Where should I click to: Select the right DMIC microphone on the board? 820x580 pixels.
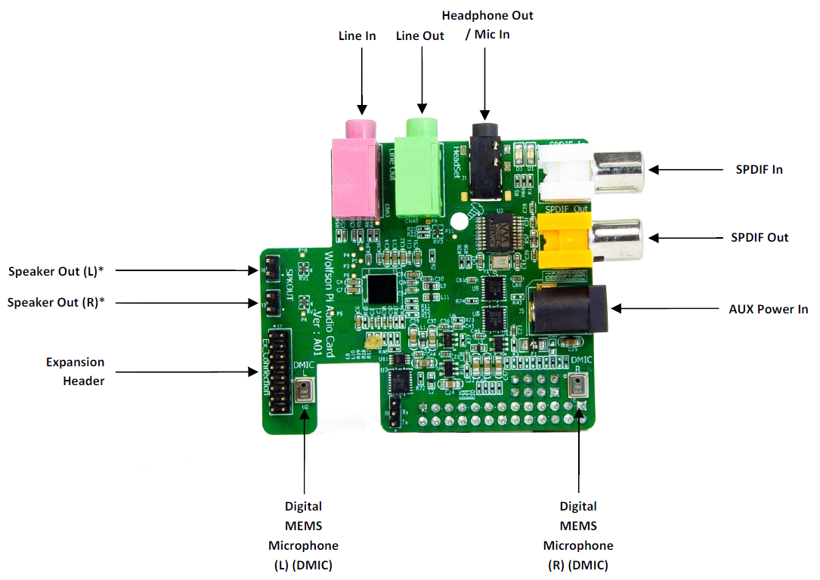point(578,389)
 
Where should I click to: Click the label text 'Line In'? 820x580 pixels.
point(357,35)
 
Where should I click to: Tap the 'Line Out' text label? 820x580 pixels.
point(420,35)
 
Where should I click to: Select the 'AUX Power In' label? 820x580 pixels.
point(768,309)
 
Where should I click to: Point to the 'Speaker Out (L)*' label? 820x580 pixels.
point(56,270)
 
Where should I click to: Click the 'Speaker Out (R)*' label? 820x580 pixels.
point(55,302)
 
